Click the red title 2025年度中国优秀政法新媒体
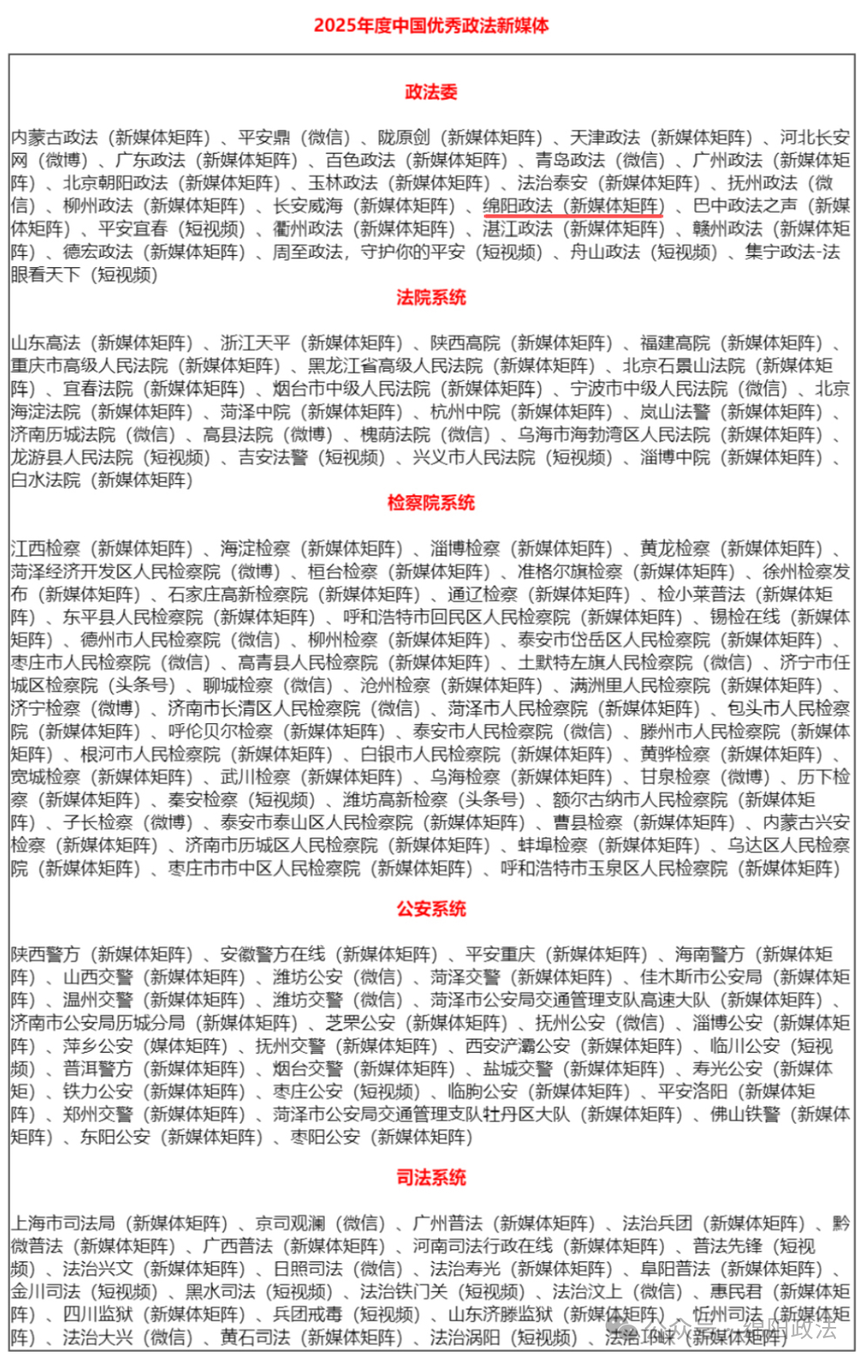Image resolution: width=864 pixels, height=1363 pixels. (431, 26)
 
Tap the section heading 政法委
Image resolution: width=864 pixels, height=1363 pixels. (431, 92)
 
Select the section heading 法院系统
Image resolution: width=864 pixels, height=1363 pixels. (431, 298)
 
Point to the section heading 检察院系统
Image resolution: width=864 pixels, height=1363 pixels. (431, 503)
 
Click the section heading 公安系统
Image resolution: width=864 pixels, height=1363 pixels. (431, 909)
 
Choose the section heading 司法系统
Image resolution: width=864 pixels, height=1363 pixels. (431, 1177)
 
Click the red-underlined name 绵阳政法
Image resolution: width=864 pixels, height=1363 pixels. (518, 206)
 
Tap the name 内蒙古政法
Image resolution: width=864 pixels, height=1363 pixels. (54, 138)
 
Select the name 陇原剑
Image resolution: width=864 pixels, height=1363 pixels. (404, 138)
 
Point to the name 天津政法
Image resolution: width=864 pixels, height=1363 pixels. (605, 138)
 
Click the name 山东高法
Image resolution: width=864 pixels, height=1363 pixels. (46, 343)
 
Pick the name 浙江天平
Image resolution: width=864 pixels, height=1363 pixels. (255, 343)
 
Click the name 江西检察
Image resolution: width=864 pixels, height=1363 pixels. (46, 549)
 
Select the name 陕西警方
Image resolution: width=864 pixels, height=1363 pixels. (46, 954)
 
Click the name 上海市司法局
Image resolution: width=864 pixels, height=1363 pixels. (63, 1223)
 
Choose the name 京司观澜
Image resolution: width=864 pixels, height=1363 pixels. (290, 1223)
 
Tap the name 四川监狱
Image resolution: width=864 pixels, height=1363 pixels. (98, 1314)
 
